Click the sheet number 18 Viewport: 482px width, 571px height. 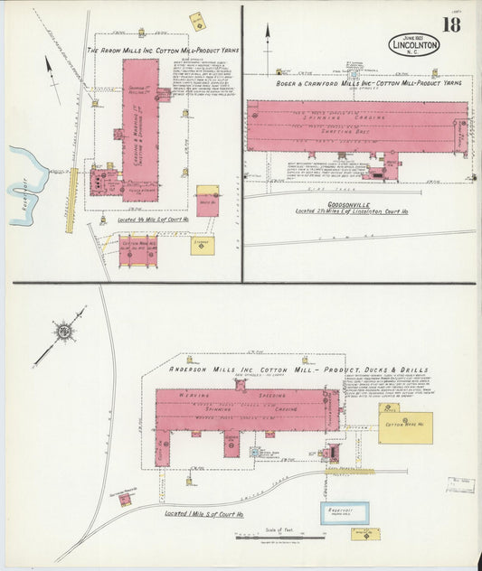pyautogui.click(x=450, y=25)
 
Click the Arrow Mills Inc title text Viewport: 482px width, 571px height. pyautogui.click(x=163, y=50)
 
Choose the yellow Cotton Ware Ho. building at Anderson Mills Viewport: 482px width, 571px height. pyautogui.click(x=404, y=426)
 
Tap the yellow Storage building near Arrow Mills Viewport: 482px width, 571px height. pyautogui.click(x=202, y=245)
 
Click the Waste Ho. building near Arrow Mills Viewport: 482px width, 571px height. pyautogui.click(x=208, y=203)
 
